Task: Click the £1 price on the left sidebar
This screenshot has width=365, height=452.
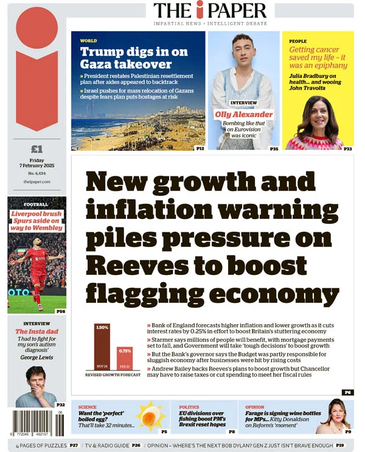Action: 36,149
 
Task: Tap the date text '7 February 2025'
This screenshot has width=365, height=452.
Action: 36,167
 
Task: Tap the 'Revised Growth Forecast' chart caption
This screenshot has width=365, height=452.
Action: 113,375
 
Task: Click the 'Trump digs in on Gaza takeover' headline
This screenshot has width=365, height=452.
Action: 126,57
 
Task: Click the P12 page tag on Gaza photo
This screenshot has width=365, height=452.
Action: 200,148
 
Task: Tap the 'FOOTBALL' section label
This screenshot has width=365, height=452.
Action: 36,204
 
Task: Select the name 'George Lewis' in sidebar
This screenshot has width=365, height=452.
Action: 36,358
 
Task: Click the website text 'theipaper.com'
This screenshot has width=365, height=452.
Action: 36,182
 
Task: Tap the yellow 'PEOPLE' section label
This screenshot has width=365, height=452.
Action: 298,41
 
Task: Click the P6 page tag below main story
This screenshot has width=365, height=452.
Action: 347,392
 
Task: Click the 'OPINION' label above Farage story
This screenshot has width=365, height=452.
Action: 254,407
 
